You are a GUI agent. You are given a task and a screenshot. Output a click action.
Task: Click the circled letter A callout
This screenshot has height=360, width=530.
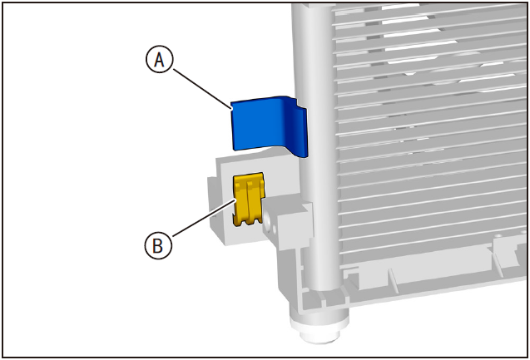tap(159, 59)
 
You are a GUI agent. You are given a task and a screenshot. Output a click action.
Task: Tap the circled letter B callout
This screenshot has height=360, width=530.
tap(158, 245)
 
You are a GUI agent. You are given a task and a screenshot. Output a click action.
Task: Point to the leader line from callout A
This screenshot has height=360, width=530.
tap(202, 89)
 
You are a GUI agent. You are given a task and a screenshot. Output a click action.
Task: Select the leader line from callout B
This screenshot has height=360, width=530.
tap(203, 218)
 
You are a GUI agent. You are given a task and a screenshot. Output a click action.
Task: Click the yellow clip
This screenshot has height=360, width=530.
tap(248, 199)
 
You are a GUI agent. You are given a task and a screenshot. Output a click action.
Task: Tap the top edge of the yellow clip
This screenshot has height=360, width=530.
tap(248, 175)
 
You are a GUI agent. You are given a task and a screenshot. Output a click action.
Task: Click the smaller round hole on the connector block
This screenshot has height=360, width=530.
tap(274, 229)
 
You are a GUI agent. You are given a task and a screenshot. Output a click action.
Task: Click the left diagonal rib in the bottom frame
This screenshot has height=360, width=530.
tap(392, 279)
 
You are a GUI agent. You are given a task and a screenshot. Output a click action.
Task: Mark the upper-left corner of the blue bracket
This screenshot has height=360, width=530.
tap(231, 102)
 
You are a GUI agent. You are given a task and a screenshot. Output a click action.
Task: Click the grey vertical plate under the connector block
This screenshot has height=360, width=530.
tap(287, 270)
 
